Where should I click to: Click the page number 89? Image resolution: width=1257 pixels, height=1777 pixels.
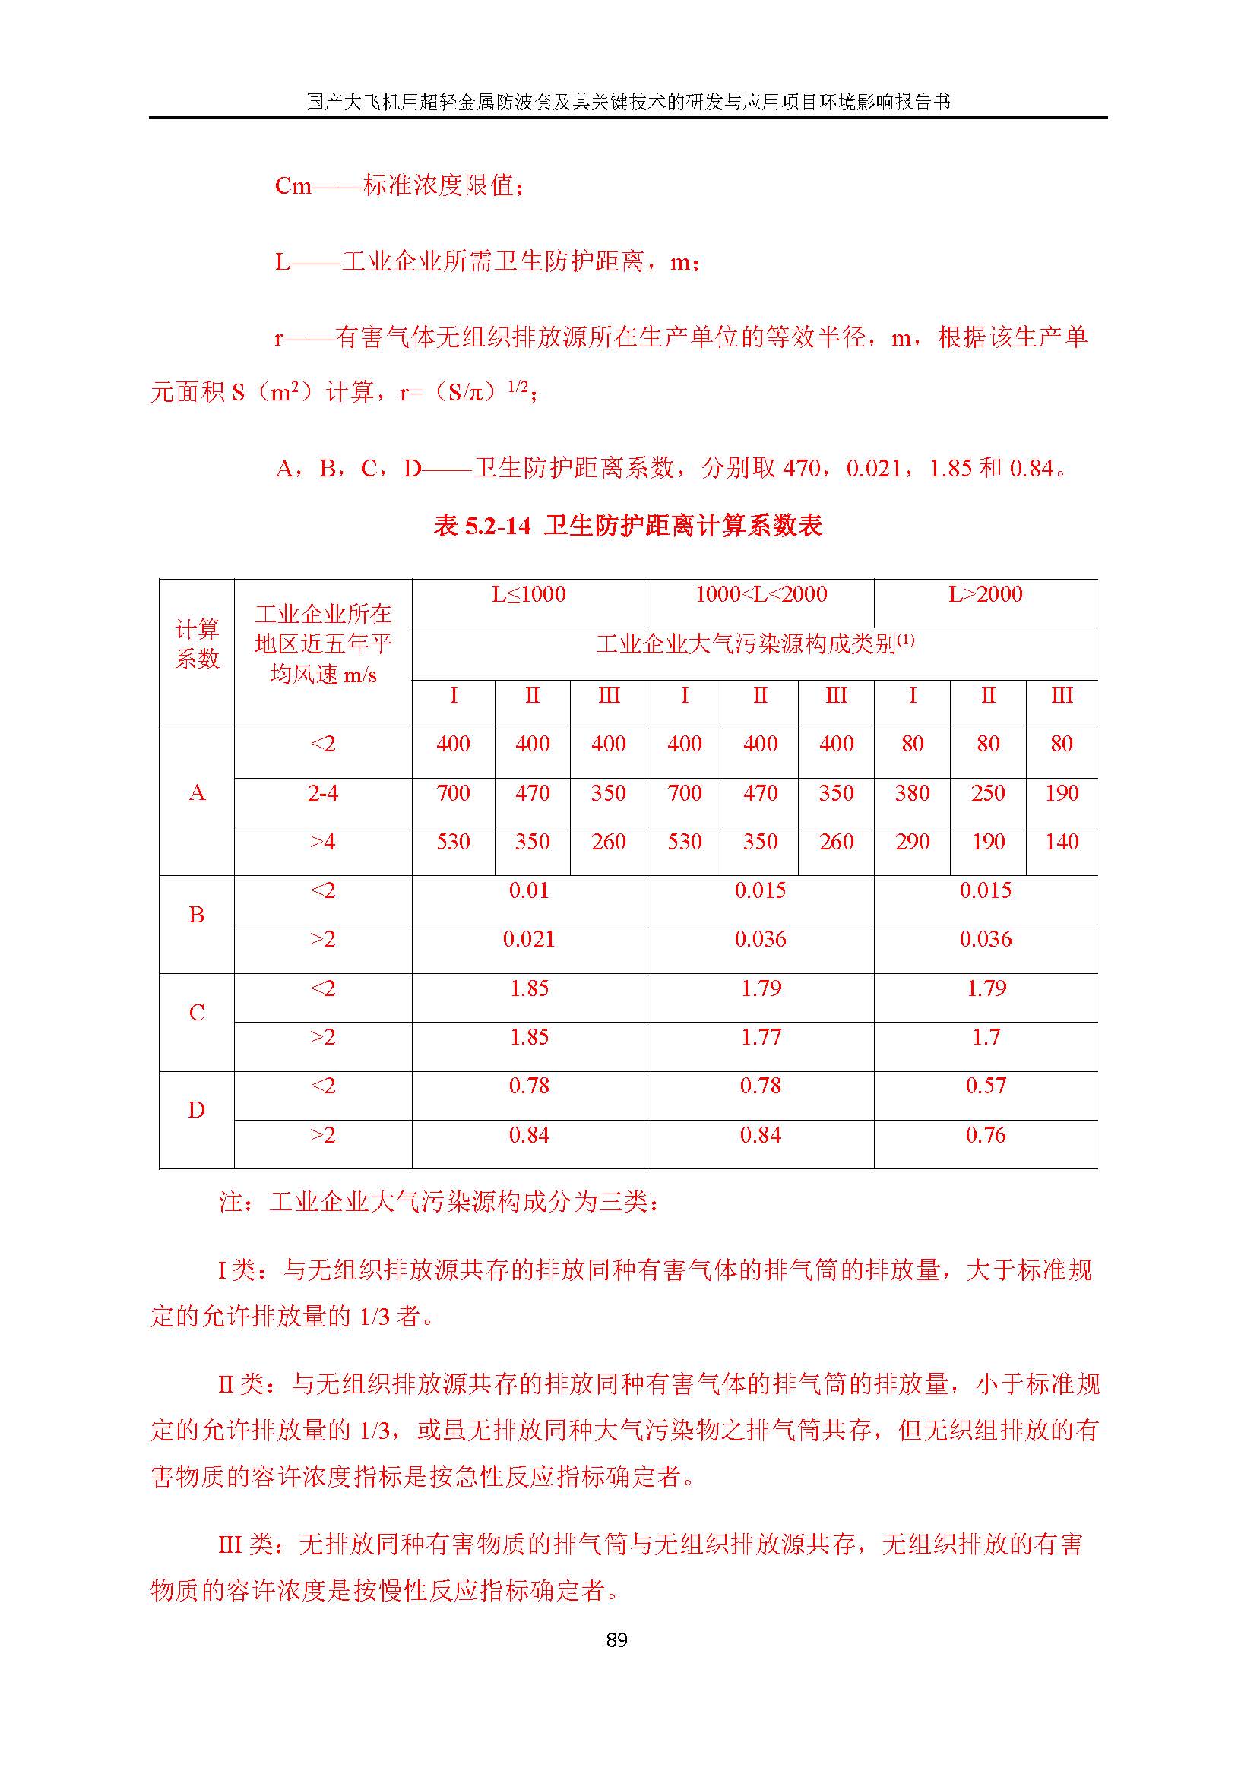point(616,1639)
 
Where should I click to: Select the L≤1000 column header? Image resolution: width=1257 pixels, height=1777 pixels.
point(529,594)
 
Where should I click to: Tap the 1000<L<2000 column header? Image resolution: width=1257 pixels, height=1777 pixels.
point(760,594)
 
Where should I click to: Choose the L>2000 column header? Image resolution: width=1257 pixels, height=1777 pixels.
point(986,594)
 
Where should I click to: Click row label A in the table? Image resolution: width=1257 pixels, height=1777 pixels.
point(197,793)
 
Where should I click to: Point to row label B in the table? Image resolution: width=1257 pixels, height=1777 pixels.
point(197,915)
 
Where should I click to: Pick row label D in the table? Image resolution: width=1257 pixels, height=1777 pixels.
point(197,1111)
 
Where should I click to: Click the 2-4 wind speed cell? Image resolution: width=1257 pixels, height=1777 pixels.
point(323,793)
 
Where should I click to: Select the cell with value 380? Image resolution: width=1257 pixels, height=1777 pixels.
point(912,793)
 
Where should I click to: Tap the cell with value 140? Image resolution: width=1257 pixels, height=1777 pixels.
point(1061,842)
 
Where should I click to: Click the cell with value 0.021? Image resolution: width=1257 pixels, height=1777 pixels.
point(529,940)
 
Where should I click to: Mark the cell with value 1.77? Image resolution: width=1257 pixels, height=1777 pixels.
point(760,1037)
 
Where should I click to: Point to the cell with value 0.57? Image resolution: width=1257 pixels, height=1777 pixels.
point(986,1086)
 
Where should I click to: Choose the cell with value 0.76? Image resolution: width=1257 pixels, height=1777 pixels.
point(986,1135)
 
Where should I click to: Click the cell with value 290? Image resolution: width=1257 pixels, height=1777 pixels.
point(912,842)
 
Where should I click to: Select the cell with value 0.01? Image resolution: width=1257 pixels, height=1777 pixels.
point(529,891)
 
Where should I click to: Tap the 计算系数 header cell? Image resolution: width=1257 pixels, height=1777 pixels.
point(197,644)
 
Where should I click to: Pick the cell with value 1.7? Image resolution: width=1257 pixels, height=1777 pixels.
point(986,1037)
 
